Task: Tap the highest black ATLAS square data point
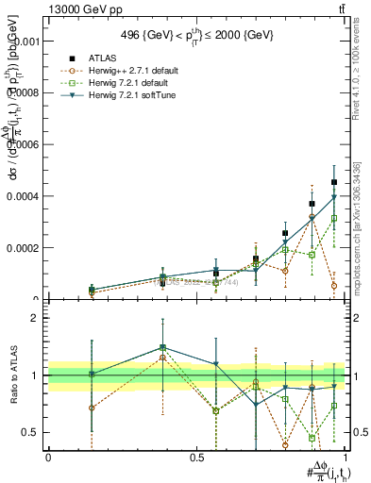point(334,182)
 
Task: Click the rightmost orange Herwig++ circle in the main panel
point(334,285)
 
